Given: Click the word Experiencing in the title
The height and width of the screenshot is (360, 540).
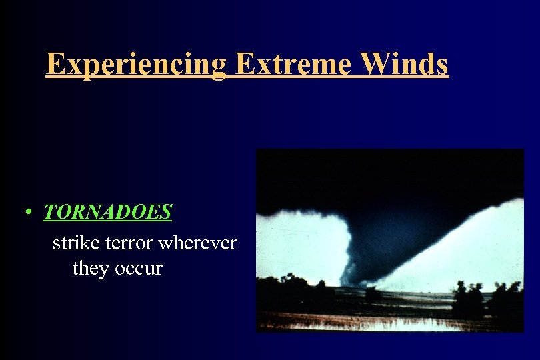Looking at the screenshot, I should click(x=137, y=64).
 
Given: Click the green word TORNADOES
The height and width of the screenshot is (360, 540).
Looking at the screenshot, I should click(x=108, y=213).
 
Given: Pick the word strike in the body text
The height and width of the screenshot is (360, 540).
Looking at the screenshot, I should click(x=73, y=243).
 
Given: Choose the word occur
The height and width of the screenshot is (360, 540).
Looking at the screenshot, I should click(x=138, y=269).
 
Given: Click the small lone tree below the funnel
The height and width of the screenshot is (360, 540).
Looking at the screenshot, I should click(x=374, y=293).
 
